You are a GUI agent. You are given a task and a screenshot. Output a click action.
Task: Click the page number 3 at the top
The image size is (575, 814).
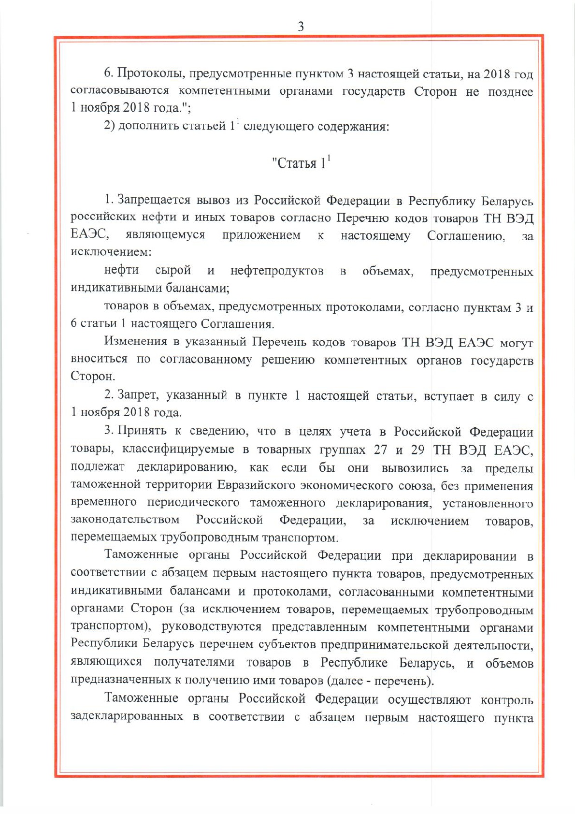point(301,26)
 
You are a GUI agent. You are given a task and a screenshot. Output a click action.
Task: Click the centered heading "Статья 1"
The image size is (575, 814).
point(300,163)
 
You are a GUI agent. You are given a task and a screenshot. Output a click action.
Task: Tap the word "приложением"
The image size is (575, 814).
point(261,235)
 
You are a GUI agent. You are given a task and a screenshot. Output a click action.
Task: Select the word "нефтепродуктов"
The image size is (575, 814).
point(277,271)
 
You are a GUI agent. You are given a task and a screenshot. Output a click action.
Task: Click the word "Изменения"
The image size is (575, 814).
point(136,342)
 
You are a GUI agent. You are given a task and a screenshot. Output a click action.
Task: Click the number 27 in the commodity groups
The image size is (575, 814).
point(380,450)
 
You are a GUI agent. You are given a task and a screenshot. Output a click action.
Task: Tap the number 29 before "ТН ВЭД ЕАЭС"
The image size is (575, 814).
point(417,450)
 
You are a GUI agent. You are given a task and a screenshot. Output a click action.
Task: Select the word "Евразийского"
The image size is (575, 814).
point(256,485)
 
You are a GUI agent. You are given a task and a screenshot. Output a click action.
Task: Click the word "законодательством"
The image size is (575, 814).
point(125,520)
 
